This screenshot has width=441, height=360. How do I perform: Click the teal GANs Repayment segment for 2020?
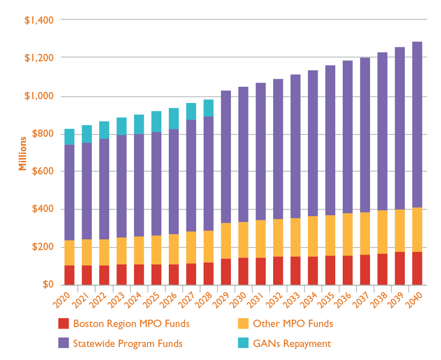70,136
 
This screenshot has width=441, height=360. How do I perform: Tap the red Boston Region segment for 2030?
243,271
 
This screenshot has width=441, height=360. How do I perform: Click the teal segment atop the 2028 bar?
209,108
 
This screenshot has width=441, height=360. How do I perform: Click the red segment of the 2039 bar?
400,268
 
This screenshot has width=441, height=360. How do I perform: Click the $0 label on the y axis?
48,284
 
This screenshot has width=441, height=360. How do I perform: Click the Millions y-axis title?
22,153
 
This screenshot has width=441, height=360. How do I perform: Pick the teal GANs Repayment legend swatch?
243,343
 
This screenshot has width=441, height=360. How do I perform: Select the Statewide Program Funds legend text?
128,344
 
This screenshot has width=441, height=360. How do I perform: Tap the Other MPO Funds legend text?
293,323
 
